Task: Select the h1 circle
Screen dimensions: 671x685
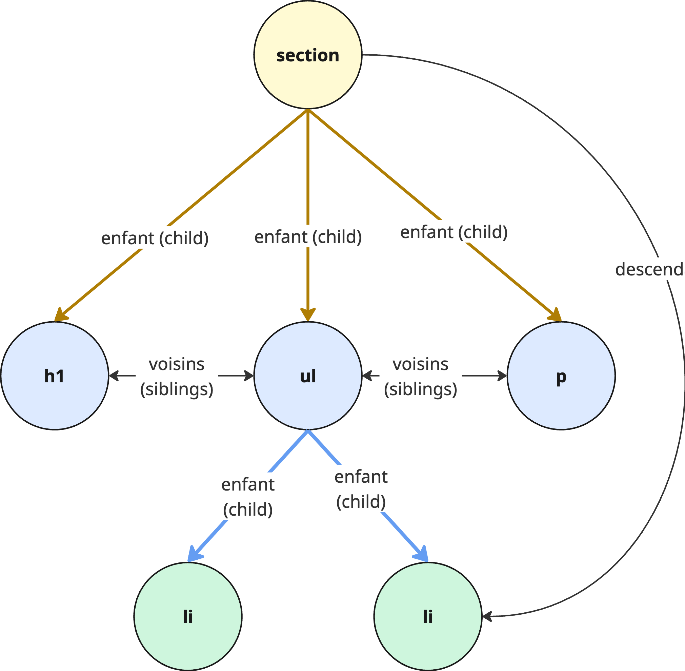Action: (55, 376)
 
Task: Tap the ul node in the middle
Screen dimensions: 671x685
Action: (308, 376)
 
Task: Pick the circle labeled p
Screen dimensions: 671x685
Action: (561, 376)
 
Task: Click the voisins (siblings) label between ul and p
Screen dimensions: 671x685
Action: (420, 376)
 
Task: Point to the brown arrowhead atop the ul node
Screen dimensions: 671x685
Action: (308, 314)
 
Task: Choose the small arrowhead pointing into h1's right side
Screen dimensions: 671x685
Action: (113, 376)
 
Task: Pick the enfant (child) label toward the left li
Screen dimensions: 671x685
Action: (248, 497)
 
